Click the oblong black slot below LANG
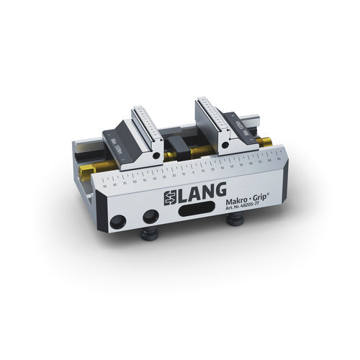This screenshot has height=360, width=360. pyautogui.click(x=193, y=214)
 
